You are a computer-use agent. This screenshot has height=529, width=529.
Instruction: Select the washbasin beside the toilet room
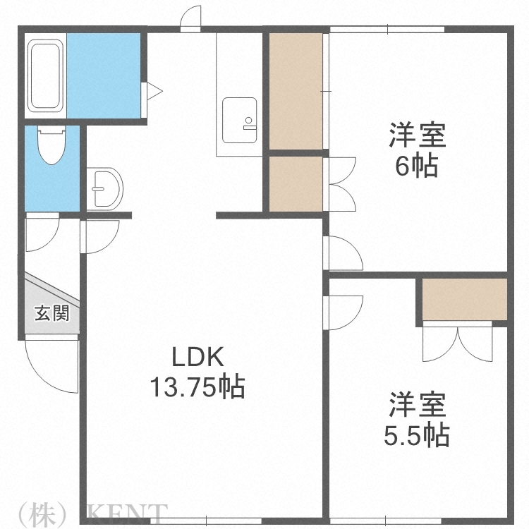tap(106, 187)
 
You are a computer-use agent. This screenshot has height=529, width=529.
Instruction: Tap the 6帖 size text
tap(416, 167)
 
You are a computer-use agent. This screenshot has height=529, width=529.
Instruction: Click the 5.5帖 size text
tap(416, 437)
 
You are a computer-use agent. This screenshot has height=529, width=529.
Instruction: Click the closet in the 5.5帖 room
tap(465, 299)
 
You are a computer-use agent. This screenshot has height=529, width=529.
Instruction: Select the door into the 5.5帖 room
tap(343, 309)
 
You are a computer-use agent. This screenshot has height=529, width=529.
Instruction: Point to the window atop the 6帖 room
tap(387, 28)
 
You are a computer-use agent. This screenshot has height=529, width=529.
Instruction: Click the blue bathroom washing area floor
tap(104, 75)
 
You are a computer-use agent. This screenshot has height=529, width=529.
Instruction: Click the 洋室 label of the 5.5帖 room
tap(416, 407)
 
